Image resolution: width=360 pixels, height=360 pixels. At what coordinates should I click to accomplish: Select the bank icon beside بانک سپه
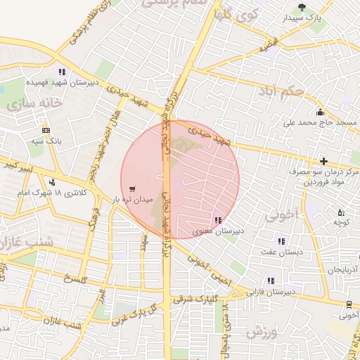click(x=46, y=130)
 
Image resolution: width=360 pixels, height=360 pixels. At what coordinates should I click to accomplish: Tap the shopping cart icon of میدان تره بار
click(x=132, y=188)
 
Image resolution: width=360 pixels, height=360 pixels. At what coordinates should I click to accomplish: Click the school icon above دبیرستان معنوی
click(x=217, y=219)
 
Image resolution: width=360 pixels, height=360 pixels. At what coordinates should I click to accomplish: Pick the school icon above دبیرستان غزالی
click(x=271, y=280)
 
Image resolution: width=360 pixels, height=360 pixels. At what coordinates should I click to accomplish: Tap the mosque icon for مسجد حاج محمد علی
click(x=320, y=112)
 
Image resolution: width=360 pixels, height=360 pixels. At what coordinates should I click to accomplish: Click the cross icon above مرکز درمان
click(x=323, y=161)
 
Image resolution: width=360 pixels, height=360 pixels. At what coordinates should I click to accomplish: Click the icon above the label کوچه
click(x=341, y=212)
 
